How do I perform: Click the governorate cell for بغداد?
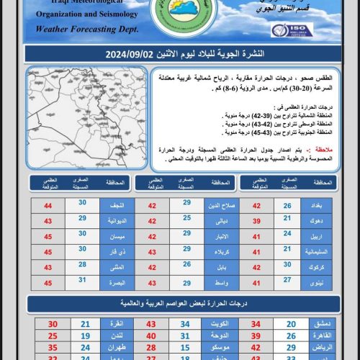(316, 206)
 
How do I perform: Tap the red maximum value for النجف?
(48, 206)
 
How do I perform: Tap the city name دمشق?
(315, 324)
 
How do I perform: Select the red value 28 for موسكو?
(151, 348)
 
